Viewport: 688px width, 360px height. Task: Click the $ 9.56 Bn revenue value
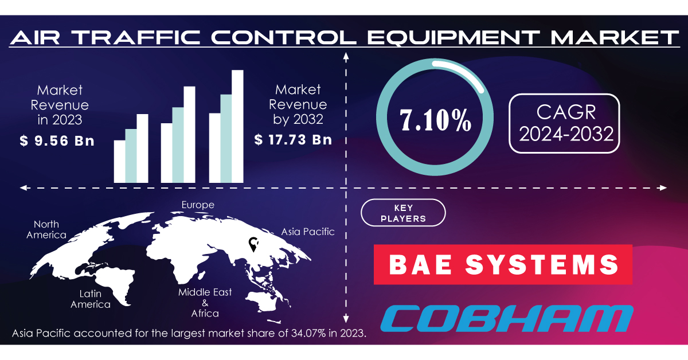point(57,140)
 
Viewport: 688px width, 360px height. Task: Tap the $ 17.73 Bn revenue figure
point(294,140)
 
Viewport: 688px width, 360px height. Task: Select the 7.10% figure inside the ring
point(435,120)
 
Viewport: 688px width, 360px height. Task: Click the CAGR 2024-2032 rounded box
point(564,123)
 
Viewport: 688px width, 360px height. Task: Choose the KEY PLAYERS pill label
point(403,213)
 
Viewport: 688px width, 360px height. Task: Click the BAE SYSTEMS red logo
point(503,264)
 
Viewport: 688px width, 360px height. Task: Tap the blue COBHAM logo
point(507,319)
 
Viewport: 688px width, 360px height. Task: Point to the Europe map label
point(198,205)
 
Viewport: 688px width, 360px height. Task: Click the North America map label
point(46,229)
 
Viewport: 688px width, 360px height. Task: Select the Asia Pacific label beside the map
point(308,232)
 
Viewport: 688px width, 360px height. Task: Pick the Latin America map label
point(91,299)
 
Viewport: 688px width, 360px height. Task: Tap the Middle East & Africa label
point(205,303)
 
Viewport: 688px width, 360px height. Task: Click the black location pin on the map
point(253,245)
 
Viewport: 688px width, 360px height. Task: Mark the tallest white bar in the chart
point(237,126)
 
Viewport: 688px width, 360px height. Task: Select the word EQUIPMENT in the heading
point(454,37)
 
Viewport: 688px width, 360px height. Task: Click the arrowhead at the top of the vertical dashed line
point(346,56)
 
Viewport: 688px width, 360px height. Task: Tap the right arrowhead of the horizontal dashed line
point(663,187)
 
